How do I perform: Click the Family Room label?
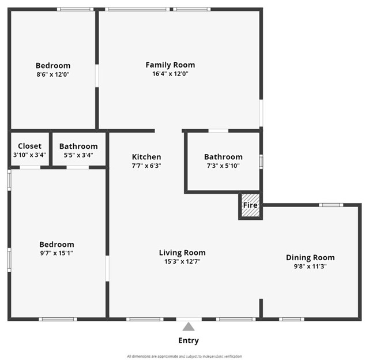click(170, 65)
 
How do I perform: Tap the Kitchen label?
click(146, 157)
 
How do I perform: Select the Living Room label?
click(182, 253)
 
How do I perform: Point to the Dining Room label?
click(310, 258)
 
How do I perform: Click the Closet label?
click(29, 147)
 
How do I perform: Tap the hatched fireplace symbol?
click(250, 212)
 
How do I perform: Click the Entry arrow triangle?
click(189, 327)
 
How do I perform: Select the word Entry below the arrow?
click(189, 341)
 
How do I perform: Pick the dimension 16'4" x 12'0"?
click(170, 74)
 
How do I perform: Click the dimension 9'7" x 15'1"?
click(57, 253)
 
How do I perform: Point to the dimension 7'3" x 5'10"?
click(223, 166)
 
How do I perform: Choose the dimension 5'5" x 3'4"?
click(78, 155)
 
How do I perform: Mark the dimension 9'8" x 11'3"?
click(310, 267)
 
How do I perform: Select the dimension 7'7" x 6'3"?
click(146, 166)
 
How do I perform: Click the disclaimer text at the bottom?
click(184, 356)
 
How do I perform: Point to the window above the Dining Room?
click(331, 205)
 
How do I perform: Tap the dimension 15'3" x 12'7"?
click(182, 261)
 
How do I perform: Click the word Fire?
click(250, 205)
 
